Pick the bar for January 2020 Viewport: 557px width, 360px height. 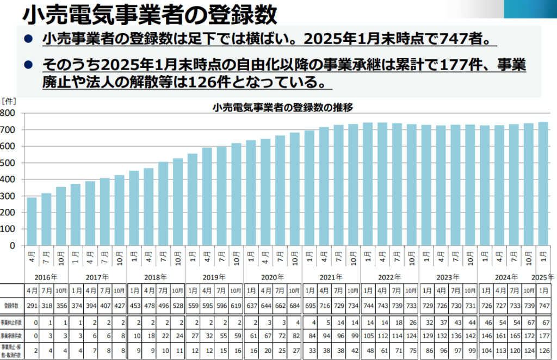(251, 193)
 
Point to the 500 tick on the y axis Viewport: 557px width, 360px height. (9, 163)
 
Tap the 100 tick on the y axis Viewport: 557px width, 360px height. (9, 229)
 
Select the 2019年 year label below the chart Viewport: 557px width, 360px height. (214, 277)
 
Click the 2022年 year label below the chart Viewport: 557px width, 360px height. (389, 277)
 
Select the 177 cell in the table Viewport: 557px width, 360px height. (542, 336)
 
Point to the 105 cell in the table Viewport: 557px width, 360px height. (368, 336)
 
